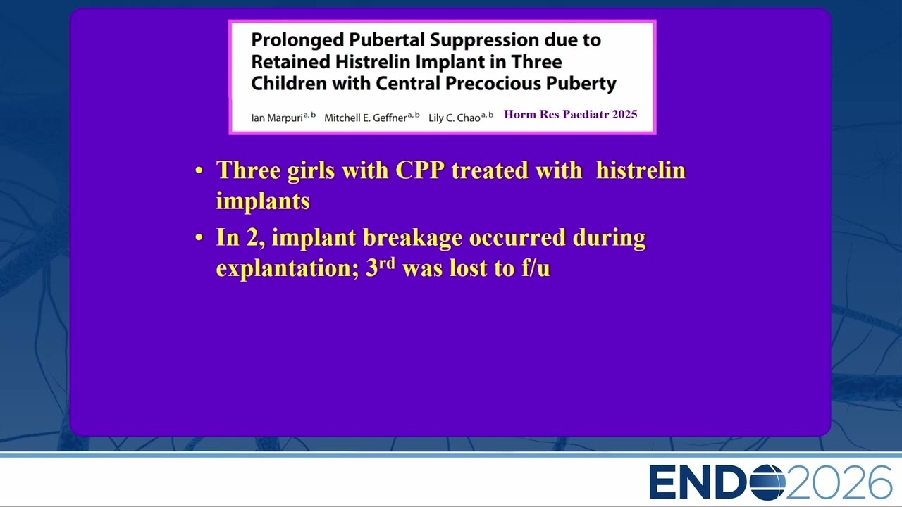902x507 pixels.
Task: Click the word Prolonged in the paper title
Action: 297,41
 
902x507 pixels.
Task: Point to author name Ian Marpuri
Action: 277,118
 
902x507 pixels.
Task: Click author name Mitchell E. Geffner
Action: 365,118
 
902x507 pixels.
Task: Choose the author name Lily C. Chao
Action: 454,118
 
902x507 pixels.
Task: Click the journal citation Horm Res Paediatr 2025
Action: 570,114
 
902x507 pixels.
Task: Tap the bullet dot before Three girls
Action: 199,170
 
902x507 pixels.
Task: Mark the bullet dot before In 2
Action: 199,238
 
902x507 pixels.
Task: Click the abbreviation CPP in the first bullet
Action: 420,170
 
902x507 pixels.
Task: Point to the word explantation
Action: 288,268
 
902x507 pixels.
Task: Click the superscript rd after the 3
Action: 387,264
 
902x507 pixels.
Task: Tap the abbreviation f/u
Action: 536,268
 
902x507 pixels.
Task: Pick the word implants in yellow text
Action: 263,201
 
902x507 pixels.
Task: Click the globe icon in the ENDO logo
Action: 767,482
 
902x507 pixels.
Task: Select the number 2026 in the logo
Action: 839,482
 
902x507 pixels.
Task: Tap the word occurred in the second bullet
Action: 517,237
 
